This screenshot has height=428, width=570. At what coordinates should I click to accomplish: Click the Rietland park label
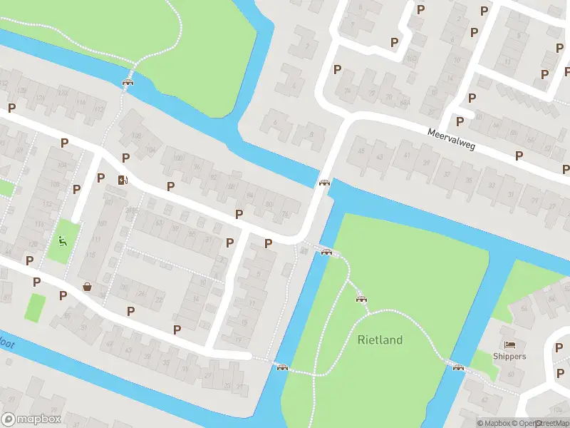[x=380, y=340]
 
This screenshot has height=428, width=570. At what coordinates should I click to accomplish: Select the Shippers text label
[x=509, y=357]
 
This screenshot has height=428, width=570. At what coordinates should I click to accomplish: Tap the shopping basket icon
[x=87, y=287]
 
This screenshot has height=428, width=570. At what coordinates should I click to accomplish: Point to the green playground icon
[x=63, y=240]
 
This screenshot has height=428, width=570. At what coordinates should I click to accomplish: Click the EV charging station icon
[x=123, y=180]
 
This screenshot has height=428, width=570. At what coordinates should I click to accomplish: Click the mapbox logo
[x=31, y=419]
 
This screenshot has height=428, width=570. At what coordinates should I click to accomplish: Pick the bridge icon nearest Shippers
[x=458, y=367]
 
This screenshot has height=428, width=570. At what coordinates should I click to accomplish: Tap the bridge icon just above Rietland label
[x=361, y=298]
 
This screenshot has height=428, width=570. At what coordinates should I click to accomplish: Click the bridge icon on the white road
[x=325, y=183]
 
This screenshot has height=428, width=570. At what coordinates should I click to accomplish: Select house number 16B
[x=411, y=58]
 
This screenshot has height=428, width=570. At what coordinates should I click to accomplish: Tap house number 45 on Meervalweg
[x=361, y=151]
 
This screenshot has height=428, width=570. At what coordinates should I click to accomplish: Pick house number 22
[x=158, y=300]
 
